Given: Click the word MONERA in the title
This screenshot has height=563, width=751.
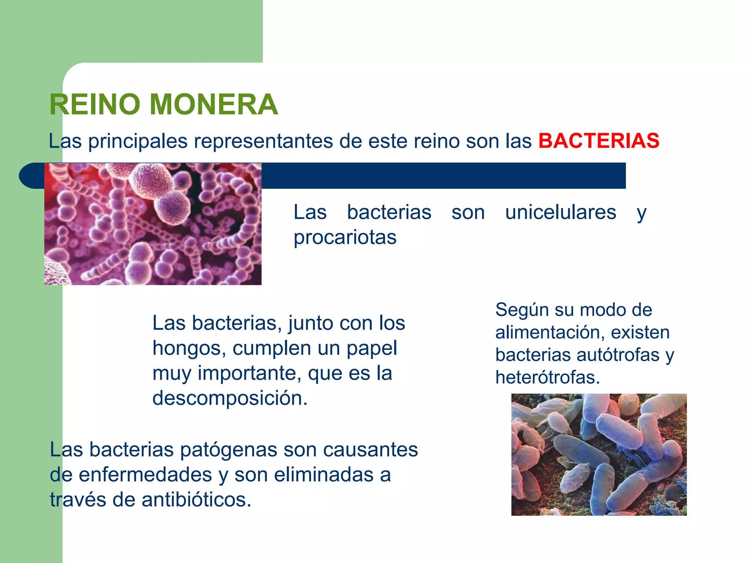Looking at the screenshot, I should click(x=214, y=104).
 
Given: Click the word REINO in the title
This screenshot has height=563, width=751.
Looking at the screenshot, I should click(x=95, y=104).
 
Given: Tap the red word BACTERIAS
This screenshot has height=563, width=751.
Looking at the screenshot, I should click(x=599, y=141).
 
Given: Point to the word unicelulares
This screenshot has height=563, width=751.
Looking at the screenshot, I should click(x=560, y=212).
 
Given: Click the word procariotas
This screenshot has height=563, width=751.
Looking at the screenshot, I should click(x=345, y=237).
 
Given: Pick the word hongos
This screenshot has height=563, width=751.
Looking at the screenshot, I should click(x=189, y=348).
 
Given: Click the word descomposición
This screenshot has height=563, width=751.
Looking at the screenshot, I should click(x=230, y=398).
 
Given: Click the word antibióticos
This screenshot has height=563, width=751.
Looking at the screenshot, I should click(x=197, y=500).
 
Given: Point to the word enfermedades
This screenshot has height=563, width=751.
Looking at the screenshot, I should click(x=145, y=475).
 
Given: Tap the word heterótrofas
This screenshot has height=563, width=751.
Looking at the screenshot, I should click(x=547, y=377).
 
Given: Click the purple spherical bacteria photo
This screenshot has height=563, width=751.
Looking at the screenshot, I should click(x=153, y=224).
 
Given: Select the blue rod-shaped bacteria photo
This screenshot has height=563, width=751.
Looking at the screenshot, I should click(x=599, y=455).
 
